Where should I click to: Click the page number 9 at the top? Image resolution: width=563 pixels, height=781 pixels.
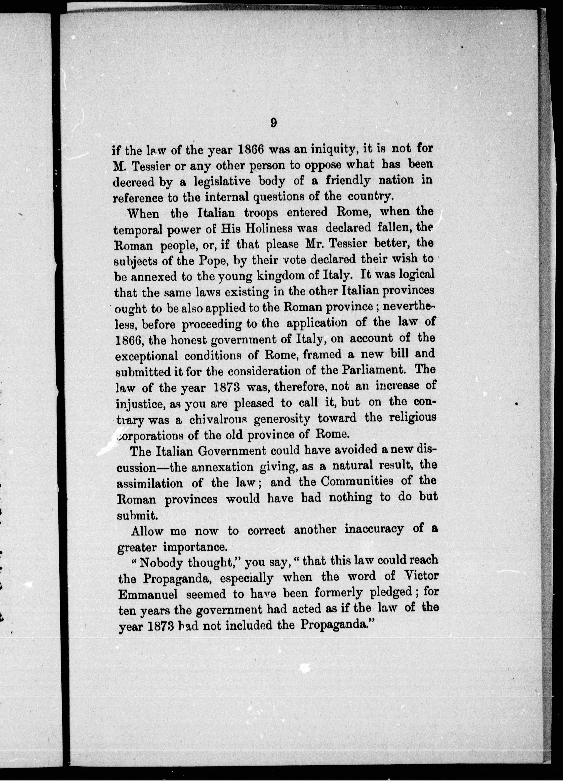pyautogui.click(x=274, y=123)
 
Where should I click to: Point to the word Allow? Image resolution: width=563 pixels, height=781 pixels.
pyautogui.click(x=147, y=531)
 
